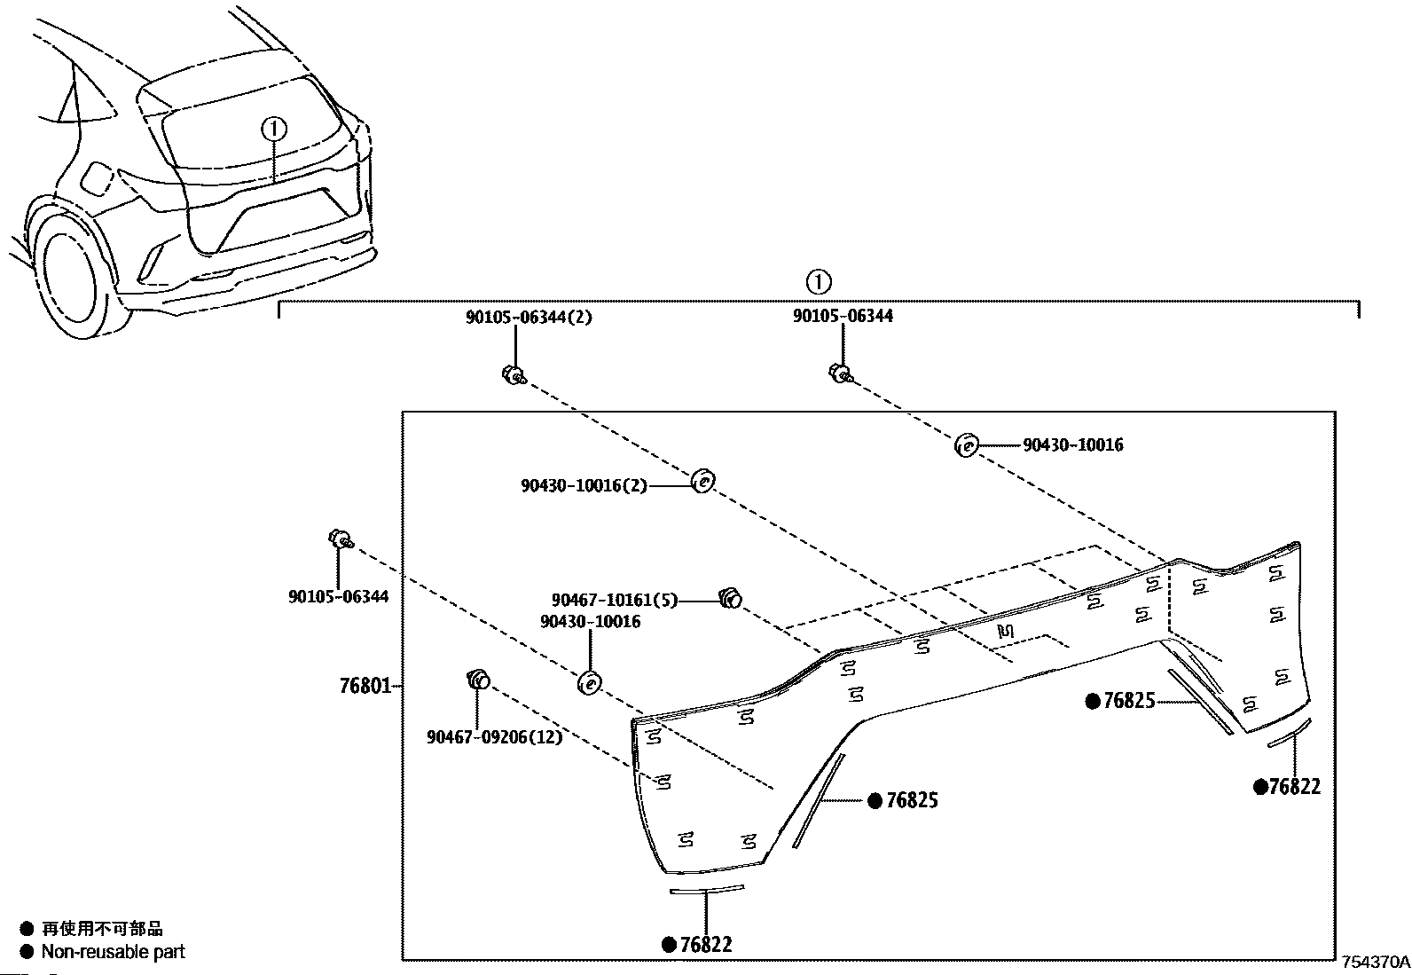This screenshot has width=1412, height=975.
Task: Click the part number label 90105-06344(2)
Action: click(x=529, y=317)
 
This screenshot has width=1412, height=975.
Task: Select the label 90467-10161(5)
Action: click(x=615, y=600)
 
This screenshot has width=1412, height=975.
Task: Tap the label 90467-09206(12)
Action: click(x=494, y=736)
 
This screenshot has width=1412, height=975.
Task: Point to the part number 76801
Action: click(x=365, y=686)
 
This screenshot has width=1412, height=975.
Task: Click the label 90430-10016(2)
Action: click(x=584, y=485)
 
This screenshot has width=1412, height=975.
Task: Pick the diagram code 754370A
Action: click(x=1376, y=963)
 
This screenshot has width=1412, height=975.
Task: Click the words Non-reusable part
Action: click(x=114, y=952)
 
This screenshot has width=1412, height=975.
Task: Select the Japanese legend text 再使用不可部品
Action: click(x=102, y=928)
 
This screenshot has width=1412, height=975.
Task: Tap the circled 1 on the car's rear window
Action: click(x=274, y=130)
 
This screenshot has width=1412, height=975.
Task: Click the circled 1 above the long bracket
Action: click(x=819, y=281)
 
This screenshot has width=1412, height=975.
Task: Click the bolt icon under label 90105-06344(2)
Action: click(x=514, y=375)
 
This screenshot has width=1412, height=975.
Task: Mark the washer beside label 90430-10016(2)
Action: click(x=702, y=481)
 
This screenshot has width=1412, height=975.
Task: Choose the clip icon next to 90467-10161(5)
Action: click(x=731, y=597)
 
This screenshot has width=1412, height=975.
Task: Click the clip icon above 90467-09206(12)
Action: click(x=478, y=680)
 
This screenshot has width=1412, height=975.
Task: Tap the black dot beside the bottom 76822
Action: click(x=669, y=944)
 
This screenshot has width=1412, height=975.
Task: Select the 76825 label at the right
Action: click(x=1129, y=701)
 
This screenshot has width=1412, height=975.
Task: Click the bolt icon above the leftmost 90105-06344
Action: click(x=341, y=540)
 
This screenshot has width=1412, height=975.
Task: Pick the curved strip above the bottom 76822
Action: click(x=707, y=890)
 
